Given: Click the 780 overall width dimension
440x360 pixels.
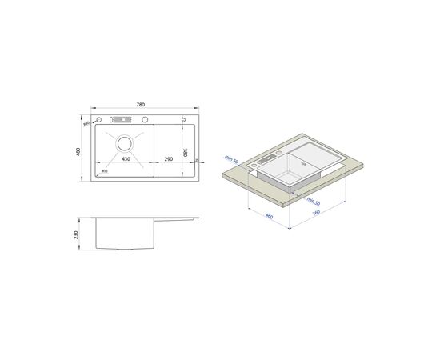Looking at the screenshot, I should pos(142,104).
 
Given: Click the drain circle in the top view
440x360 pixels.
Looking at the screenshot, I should pos(126,144).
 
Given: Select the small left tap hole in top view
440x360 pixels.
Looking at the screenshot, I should pos(100,122).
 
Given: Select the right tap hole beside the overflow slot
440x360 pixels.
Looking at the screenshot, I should pos(146,121).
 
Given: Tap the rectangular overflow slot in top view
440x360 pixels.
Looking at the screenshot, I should pos(123,121).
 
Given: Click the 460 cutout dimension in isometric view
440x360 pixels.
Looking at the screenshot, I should pos(269,215).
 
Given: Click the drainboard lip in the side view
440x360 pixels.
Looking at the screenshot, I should pos(176,220).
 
